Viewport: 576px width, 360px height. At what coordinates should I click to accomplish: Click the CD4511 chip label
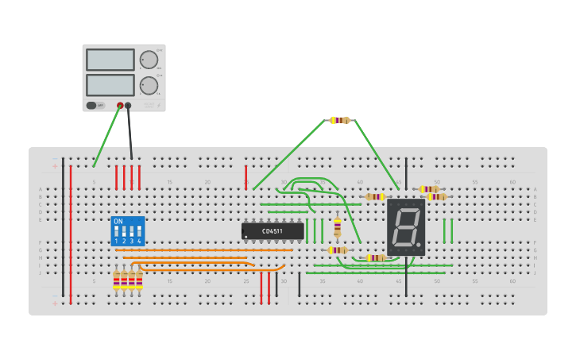pos(273,231)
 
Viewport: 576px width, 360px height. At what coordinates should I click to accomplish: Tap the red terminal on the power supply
pos(120,105)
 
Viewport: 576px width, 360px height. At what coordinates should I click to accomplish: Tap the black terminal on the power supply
pos(128,105)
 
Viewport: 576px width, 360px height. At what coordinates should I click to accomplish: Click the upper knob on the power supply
pos(149,60)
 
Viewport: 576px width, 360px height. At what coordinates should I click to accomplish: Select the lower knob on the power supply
pos(149,86)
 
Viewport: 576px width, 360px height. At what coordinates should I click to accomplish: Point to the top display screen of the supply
pos(110,60)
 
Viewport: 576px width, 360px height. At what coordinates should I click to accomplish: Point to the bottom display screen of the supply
pos(110,85)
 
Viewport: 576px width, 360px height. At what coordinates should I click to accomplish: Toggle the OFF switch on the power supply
pos(91,105)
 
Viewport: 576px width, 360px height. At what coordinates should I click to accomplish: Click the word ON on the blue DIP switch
pos(118,221)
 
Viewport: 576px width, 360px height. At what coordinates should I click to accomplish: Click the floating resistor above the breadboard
pos(340,120)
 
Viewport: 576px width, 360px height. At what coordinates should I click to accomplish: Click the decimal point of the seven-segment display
pos(419,246)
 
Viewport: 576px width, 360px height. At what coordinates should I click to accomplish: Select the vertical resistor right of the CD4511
pos(337,227)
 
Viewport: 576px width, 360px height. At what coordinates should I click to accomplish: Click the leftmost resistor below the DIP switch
pos(116,280)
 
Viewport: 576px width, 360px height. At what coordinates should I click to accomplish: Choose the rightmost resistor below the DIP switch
pos(139,280)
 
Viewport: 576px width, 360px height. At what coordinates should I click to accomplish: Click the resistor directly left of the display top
pos(375,196)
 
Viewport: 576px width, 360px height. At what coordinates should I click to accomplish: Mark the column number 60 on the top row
pos(512,182)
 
